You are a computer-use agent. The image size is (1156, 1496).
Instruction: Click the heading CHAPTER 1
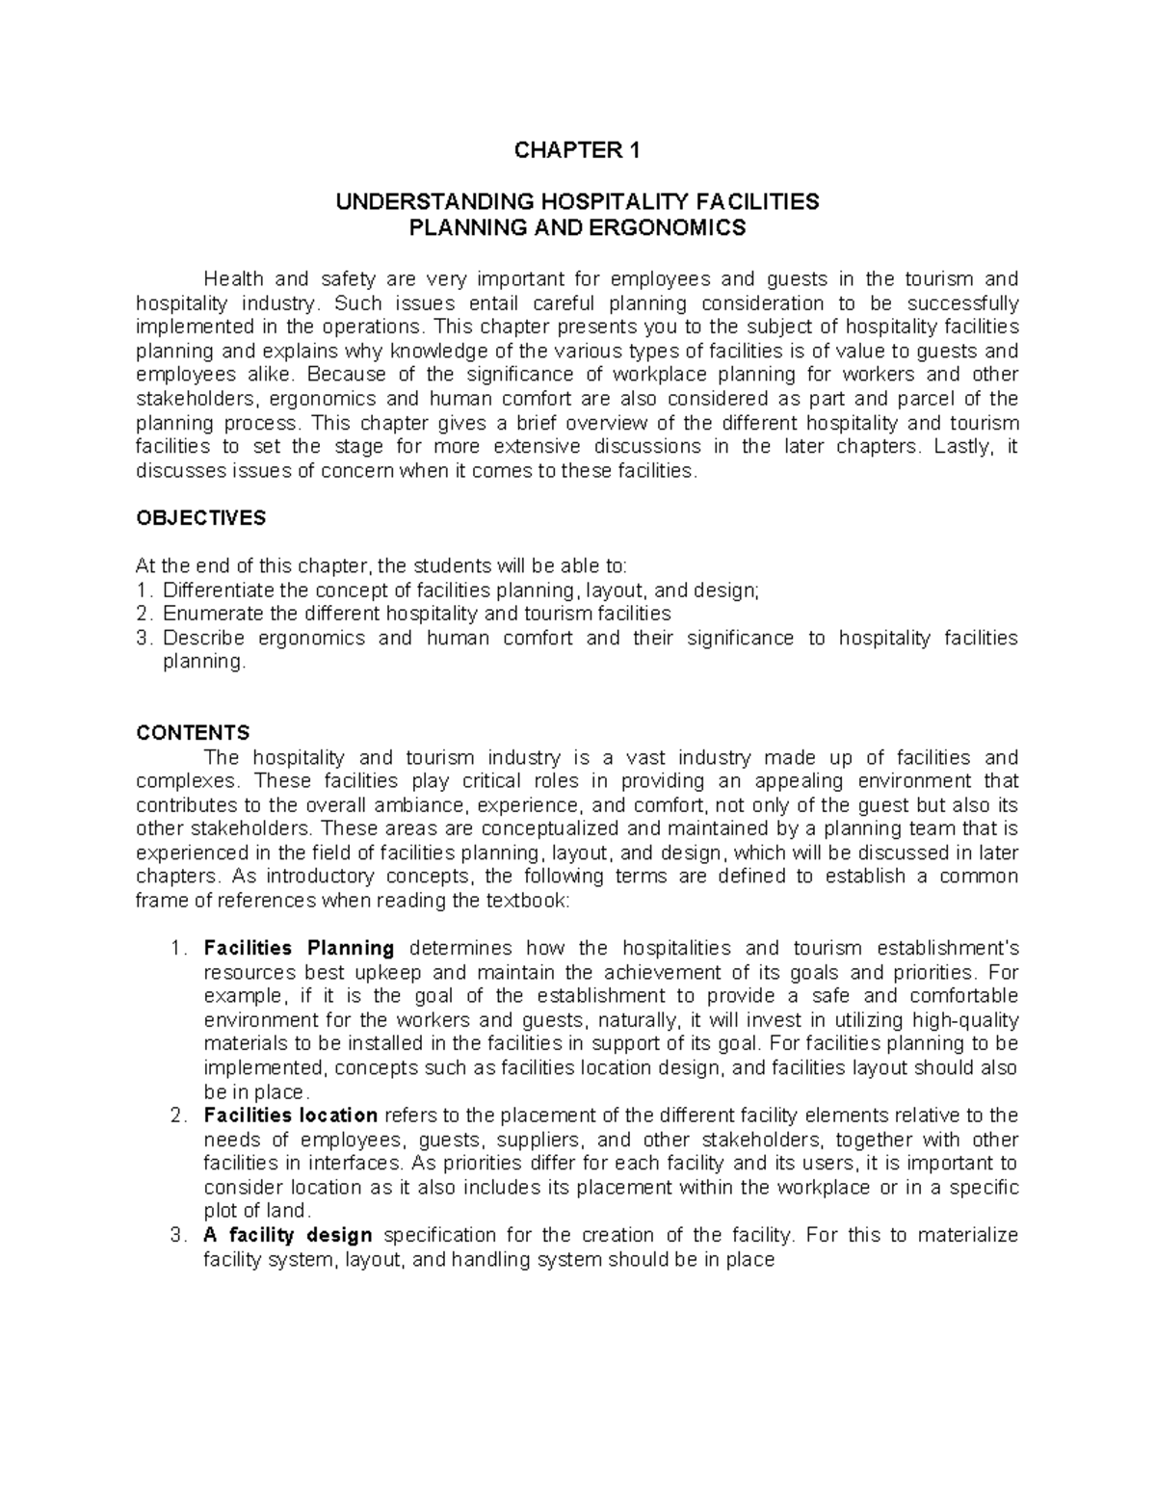click(577, 150)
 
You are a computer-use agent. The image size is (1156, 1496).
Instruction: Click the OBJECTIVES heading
click(201, 518)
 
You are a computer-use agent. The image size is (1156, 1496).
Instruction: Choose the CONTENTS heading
click(194, 733)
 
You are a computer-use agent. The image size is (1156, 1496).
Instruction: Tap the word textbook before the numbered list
click(532, 901)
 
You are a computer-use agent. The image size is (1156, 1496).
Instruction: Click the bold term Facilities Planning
click(300, 948)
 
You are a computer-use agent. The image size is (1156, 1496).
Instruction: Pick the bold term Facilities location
click(291, 1115)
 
